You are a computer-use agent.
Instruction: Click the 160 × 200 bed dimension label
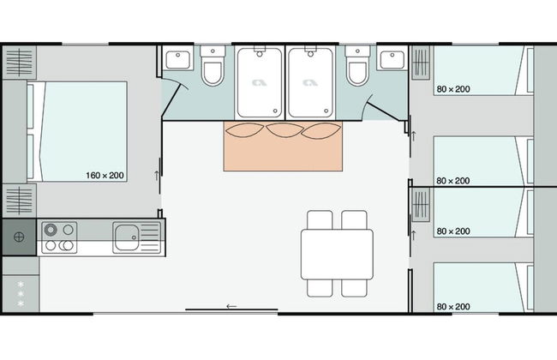point(105,175)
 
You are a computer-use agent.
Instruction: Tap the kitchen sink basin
point(126,237)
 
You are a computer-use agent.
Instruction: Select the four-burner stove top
point(59,237)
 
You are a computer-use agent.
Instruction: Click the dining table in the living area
point(337,254)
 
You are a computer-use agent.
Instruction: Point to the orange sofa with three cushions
point(283,146)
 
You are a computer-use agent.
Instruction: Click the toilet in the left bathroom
point(213,66)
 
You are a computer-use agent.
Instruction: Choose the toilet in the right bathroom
point(357,66)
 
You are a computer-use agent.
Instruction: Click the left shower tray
point(260,83)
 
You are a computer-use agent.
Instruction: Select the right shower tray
point(311,83)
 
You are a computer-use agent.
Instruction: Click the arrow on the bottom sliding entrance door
point(231,306)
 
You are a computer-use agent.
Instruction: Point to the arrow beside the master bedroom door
point(157,176)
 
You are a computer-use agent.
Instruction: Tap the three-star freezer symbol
point(21,294)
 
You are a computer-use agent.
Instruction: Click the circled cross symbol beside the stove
point(19,237)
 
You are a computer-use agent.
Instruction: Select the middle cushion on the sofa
point(284,130)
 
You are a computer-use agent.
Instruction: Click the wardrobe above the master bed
point(19,63)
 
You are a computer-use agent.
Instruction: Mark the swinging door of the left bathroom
point(172,99)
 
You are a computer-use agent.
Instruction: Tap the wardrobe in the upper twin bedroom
point(421,63)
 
